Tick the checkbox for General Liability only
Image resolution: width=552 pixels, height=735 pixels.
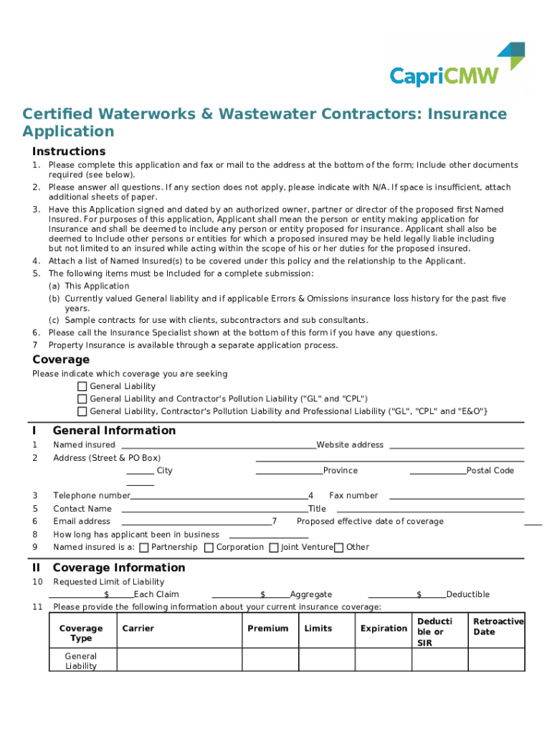click(x=82, y=387)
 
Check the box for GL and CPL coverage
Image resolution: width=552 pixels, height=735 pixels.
click(x=82, y=399)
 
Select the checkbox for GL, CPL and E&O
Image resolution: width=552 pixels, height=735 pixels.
click(x=82, y=412)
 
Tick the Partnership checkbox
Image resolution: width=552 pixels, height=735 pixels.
click(x=144, y=548)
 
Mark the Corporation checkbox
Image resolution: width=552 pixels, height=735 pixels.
click(x=209, y=548)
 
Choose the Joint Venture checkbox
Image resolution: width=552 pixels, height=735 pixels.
click(x=274, y=548)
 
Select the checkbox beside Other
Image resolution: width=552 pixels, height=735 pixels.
click(x=339, y=548)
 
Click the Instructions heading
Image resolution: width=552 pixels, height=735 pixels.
click(x=69, y=151)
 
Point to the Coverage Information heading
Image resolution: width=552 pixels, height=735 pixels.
click(x=119, y=568)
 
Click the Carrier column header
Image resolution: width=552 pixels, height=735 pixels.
click(x=138, y=629)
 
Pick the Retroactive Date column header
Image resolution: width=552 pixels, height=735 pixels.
click(x=498, y=627)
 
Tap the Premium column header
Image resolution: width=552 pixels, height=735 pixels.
click(x=268, y=629)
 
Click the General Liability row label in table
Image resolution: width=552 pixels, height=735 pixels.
click(x=81, y=661)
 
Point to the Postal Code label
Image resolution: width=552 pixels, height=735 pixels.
click(x=490, y=471)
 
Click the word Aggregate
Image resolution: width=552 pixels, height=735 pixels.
click(x=311, y=594)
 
